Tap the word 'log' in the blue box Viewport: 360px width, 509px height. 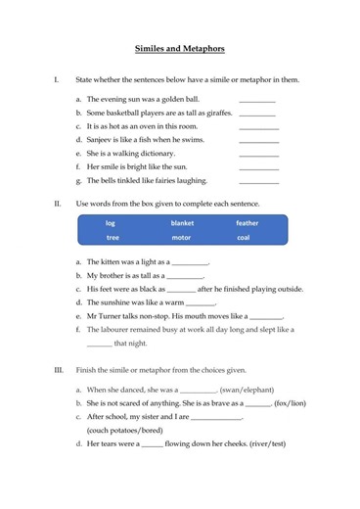[111, 223]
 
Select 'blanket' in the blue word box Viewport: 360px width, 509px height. [181, 223]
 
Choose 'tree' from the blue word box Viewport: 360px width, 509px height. [112, 237]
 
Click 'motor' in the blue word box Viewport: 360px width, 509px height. [181, 237]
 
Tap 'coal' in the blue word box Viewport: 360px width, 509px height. [244, 237]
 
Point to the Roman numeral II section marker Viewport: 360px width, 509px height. [58, 202]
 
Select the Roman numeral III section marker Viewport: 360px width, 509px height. [59, 370]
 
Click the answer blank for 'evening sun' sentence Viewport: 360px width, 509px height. [258, 100]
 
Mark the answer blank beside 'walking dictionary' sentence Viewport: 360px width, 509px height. [258, 154]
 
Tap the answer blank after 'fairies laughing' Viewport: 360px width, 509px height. [258, 181]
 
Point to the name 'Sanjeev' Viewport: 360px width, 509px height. [103, 140]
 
